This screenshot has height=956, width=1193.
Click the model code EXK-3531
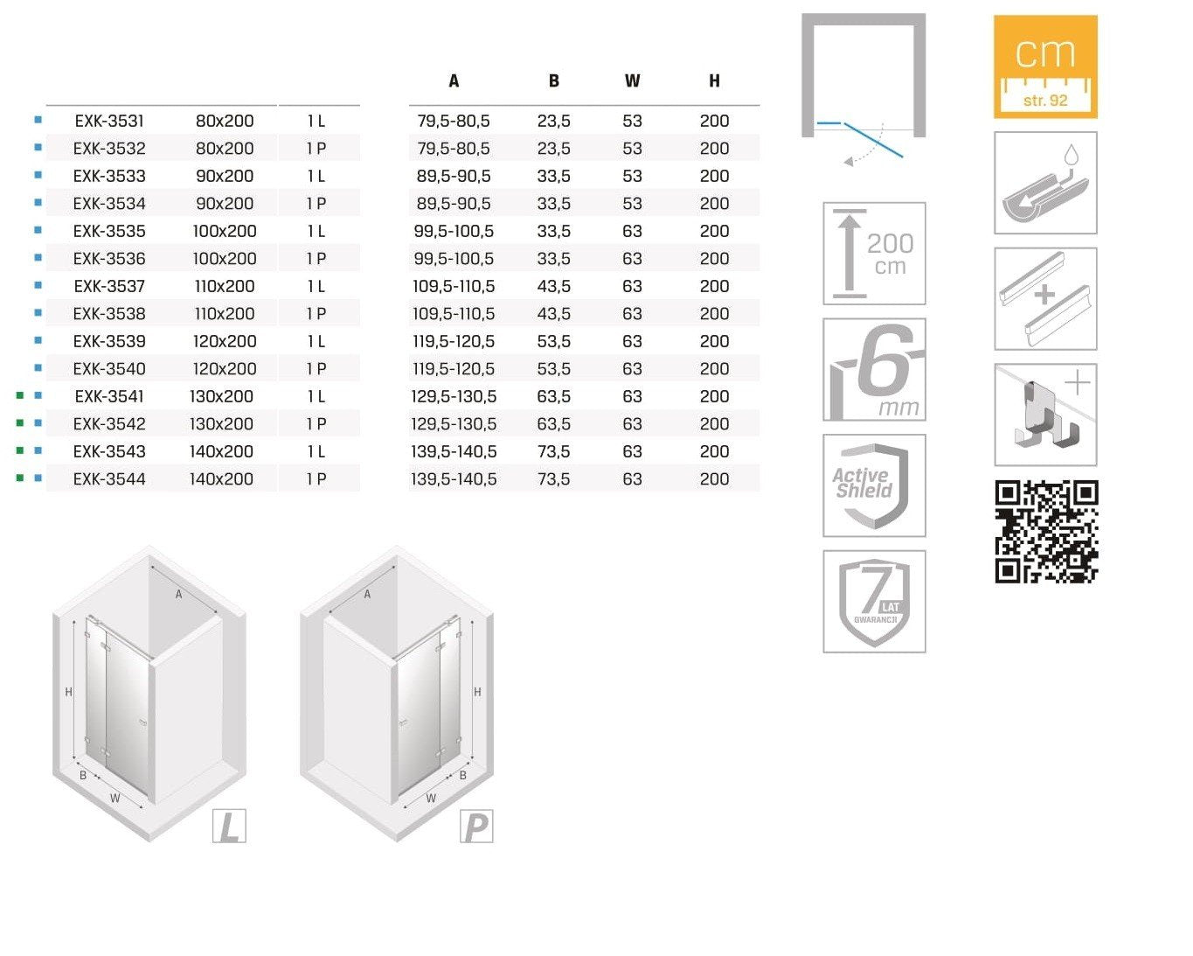point(109,121)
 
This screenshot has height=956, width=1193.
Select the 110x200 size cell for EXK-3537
point(225,286)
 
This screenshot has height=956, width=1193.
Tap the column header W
point(632,81)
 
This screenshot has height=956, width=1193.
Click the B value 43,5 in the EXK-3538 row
point(554,314)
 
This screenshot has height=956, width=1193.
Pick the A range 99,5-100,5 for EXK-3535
point(454,232)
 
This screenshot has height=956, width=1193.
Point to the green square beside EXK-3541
point(20,395)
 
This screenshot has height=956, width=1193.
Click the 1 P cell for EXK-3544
point(316,478)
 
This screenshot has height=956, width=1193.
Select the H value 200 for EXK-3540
point(714,369)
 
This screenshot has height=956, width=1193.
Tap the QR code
point(1046,532)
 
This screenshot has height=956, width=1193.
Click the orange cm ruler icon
point(1045,66)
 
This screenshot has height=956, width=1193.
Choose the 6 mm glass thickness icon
point(874,369)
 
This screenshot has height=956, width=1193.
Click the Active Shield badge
point(874,485)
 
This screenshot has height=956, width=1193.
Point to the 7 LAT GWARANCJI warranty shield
point(874,602)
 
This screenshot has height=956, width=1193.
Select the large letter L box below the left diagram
point(229,827)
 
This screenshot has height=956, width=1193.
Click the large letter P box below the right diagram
point(476,827)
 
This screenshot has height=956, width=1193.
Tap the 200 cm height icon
point(874,254)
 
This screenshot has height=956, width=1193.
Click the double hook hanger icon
point(1045,415)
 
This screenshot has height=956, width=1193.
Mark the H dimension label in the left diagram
point(69,692)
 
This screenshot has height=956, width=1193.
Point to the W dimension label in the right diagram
point(431,799)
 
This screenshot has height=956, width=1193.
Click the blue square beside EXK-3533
point(38,175)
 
